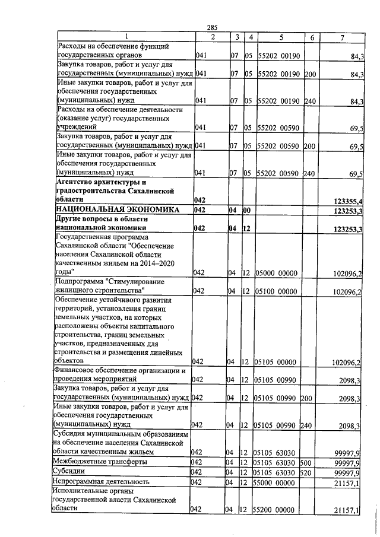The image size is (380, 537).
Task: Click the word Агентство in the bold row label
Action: (78, 182)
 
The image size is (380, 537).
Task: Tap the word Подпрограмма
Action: (79, 282)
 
